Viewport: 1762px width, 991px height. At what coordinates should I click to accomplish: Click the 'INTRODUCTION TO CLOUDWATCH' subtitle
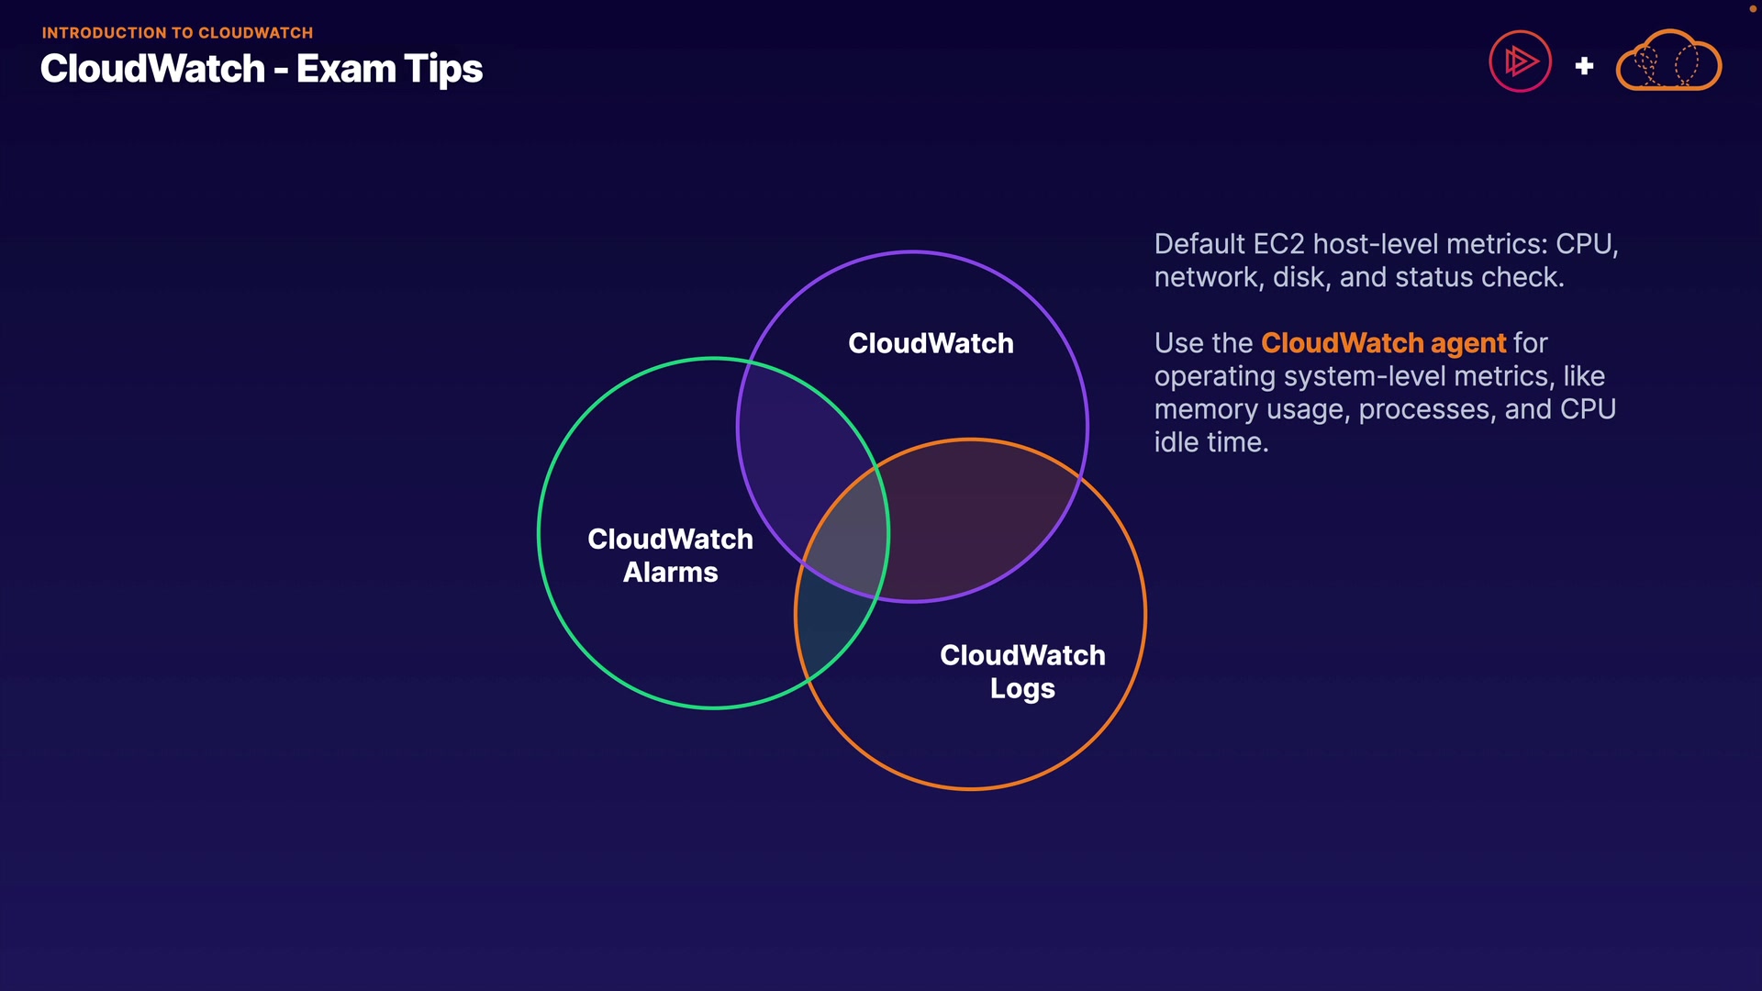click(x=177, y=33)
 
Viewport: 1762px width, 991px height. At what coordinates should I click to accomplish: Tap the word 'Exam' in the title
click(x=346, y=70)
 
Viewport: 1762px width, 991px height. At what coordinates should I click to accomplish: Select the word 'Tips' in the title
click(x=444, y=70)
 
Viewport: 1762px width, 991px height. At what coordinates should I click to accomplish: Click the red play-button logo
click(x=1520, y=61)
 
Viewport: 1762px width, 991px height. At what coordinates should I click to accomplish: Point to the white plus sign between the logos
click(x=1584, y=66)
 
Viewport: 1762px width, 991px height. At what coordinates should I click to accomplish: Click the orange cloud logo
click(x=1668, y=61)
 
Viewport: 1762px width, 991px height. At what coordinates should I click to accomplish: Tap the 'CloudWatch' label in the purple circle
click(x=931, y=343)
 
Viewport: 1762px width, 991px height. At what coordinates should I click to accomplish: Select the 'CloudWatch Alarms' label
click(x=670, y=555)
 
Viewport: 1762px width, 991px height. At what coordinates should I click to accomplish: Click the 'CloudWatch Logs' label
click(x=1022, y=672)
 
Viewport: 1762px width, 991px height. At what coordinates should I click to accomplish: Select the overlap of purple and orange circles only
click(x=973, y=523)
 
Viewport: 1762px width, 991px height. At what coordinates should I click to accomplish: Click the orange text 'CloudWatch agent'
click(x=1383, y=343)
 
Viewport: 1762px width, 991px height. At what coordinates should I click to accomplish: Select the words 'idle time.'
click(x=1210, y=442)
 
